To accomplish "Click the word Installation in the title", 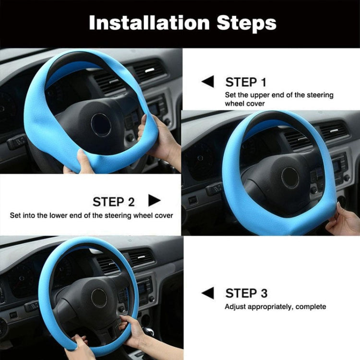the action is click(x=149, y=23).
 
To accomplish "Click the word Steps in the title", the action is click(x=247, y=24).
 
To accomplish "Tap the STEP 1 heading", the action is click(x=246, y=82).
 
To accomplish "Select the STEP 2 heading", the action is click(x=113, y=202).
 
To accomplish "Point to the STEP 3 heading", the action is click(x=246, y=293).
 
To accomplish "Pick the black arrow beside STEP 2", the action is click(x=154, y=201).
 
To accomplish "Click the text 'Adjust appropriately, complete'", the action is click(x=276, y=307).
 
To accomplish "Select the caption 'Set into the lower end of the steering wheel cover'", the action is click(x=91, y=216).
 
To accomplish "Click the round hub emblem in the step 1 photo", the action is click(x=101, y=125).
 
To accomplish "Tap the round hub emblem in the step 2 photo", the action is click(x=290, y=178).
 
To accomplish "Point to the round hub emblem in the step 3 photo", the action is click(x=99, y=298).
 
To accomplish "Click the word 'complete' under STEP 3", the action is click(x=311, y=307).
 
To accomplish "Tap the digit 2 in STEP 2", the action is click(x=131, y=202).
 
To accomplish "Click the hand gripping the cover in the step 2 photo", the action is click(x=343, y=220).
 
